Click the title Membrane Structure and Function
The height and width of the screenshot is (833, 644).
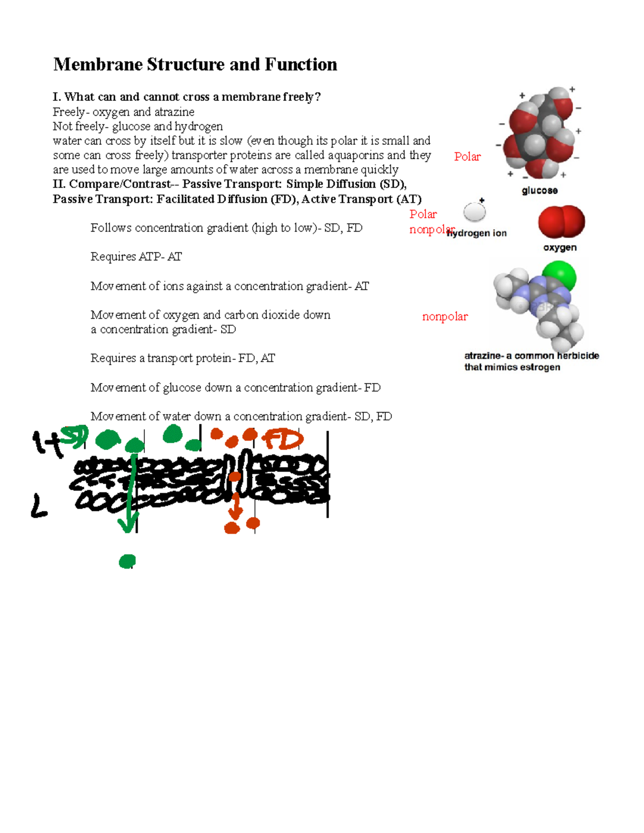195,64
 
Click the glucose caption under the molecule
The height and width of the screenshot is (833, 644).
539,190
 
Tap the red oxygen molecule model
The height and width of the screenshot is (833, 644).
561,222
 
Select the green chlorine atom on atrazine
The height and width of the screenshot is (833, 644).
559,277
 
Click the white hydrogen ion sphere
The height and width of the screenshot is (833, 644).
474,212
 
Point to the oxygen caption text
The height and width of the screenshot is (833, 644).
560,247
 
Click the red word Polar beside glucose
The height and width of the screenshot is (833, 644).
467,157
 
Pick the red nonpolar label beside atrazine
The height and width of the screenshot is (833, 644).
444,316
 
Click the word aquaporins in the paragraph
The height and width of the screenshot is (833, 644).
355,155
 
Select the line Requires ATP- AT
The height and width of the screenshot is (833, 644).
136,256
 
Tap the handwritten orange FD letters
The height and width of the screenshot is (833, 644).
283,440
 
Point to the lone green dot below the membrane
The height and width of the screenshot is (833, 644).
127,561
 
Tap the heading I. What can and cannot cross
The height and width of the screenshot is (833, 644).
186,97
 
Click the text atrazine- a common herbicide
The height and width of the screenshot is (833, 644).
531,356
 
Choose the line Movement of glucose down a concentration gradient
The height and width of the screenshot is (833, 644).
235,387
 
